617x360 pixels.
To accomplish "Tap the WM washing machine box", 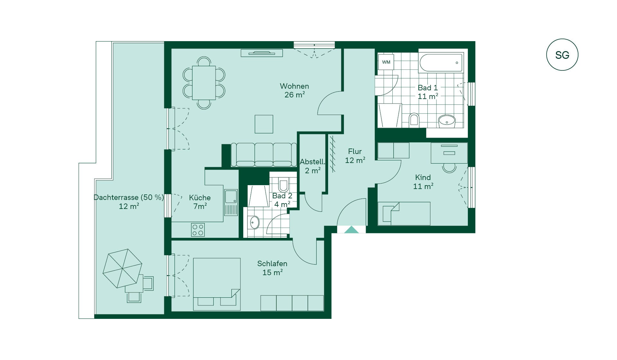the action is [386, 62].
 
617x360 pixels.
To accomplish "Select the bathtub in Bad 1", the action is [441, 63].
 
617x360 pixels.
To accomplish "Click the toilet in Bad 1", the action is [414, 120].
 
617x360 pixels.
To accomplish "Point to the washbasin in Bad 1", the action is [447, 121].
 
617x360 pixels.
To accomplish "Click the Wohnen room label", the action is [294, 86].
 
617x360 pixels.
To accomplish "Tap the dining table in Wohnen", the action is [204, 83].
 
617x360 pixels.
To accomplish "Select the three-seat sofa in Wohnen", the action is [264, 155].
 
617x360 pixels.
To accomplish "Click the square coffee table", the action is [264, 124].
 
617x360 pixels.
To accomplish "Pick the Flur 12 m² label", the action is [355, 156].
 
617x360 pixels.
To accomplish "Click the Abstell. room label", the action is [312, 162].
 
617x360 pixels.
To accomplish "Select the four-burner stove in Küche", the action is [198, 230].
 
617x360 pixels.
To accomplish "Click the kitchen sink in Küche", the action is [231, 202].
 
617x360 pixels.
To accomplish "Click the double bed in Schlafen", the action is [217, 284].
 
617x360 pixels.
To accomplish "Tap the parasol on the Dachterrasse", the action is [122, 268].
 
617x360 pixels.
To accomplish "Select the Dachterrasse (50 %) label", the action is [129, 197].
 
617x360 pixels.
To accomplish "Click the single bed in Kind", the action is [404, 213].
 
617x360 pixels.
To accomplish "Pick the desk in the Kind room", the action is [449, 153].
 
